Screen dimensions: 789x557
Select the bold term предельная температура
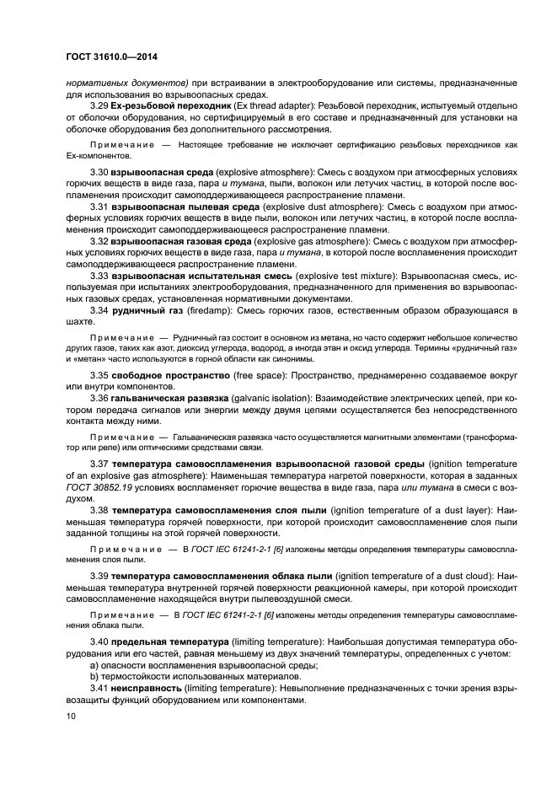[165, 641]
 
